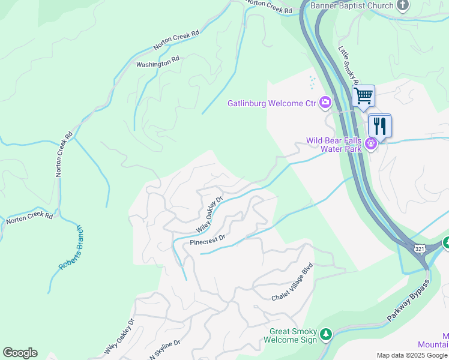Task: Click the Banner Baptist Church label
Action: [x=352, y=5]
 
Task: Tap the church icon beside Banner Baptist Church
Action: [x=403, y=5]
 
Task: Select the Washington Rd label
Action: [x=158, y=61]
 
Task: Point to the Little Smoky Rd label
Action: [x=349, y=67]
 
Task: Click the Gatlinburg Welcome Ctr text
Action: [x=271, y=103]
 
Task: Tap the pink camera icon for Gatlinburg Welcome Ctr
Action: [x=325, y=103]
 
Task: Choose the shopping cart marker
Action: [x=363, y=95]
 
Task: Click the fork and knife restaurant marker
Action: [x=380, y=125]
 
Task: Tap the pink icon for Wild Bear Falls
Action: [x=372, y=143]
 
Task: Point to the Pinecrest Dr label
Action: [x=207, y=239]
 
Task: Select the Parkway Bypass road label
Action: [x=409, y=301]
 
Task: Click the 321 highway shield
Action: [x=420, y=248]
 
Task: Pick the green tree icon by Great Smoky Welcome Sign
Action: [x=325, y=334]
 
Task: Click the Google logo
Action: [x=20, y=353]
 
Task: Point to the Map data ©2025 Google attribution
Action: [x=411, y=355]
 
